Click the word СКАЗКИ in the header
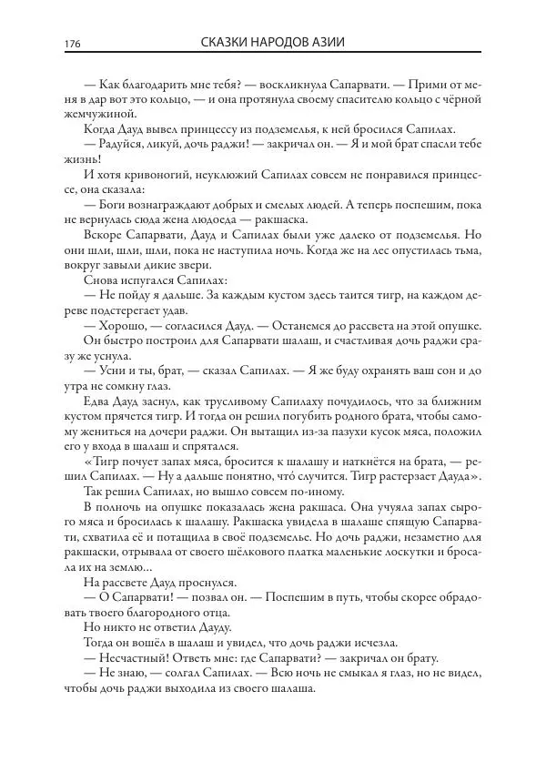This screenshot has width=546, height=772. pyautogui.click(x=225, y=43)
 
